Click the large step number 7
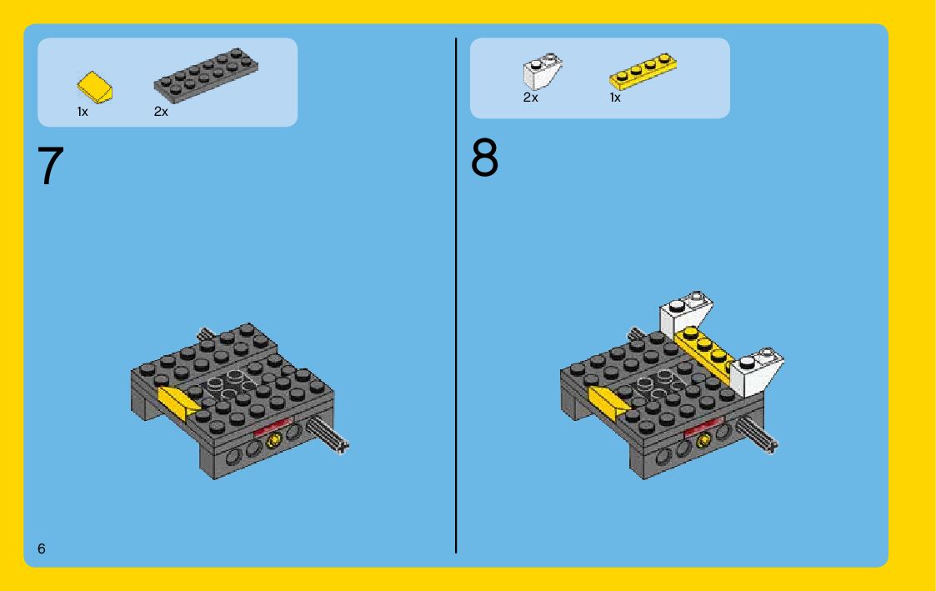tap(51, 165)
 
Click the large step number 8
tap(484, 158)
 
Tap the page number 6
tap(41, 548)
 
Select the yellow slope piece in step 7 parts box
tap(95, 88)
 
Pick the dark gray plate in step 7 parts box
tap(206, 75)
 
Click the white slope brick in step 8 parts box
tap(543, 71)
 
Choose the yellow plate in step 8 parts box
tap(643, 71)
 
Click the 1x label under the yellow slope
tap(83, 112)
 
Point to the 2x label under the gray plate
tap(161, 112)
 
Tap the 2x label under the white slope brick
tap(531, 98)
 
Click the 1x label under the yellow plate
tap(615, 98)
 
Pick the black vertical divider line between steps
tap(456, 295)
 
